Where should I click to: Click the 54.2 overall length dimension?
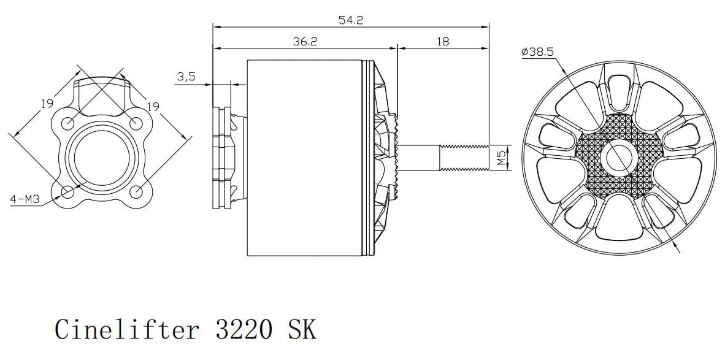pyautogui.click(x=351, y=20)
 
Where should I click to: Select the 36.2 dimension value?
pyautogui.click(x=305, y=42)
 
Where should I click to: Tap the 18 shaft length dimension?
pyautogui.click(x=443, y=42)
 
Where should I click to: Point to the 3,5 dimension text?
pyautogui.click(x=186, y=77)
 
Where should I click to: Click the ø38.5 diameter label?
pyautogui.click(x=537, y=53)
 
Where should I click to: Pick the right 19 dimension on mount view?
pyautogui.click(x=153, y=106)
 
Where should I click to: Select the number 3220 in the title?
pyautogui.click(x=242, y=329)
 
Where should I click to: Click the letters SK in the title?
pyautogui.click(x=301, y=329)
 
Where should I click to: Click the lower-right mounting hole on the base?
pyautogui.click(x=137, y=191)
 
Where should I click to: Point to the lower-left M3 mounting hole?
pyautogui.click(x=68, y=191)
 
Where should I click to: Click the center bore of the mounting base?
pyautogui.click(x=102, y=157)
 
